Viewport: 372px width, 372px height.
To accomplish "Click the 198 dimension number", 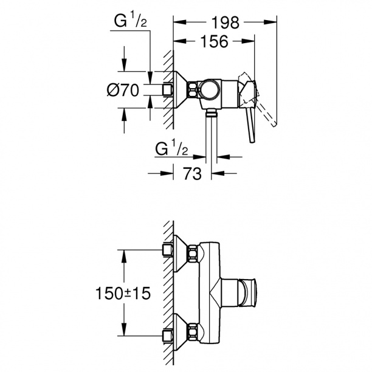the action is click(225, 22).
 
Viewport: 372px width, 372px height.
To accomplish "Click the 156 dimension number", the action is click(215, 41).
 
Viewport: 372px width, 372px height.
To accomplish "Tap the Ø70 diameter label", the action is click(123, 90).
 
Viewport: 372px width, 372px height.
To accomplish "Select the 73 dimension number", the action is click(192, 173).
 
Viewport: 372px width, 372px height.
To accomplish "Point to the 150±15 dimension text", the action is click(123, 293).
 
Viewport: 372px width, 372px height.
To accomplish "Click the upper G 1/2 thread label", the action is click(131, 20).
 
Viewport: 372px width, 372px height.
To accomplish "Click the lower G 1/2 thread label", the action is click(171, 148).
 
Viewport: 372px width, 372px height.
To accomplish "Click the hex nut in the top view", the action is click(193, 89).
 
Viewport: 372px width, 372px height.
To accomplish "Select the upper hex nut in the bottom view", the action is click(193, 254).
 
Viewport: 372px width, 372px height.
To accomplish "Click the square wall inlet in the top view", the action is click(168, 90).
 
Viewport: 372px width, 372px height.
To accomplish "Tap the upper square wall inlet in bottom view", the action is click(168, 250).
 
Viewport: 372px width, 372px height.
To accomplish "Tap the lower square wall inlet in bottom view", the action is click(168, 336).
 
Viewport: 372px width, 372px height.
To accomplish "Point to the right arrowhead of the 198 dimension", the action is click(270, 22).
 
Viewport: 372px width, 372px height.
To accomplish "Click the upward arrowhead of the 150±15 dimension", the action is click(124, 257).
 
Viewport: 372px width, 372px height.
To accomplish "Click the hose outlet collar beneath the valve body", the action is click(211, 114).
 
